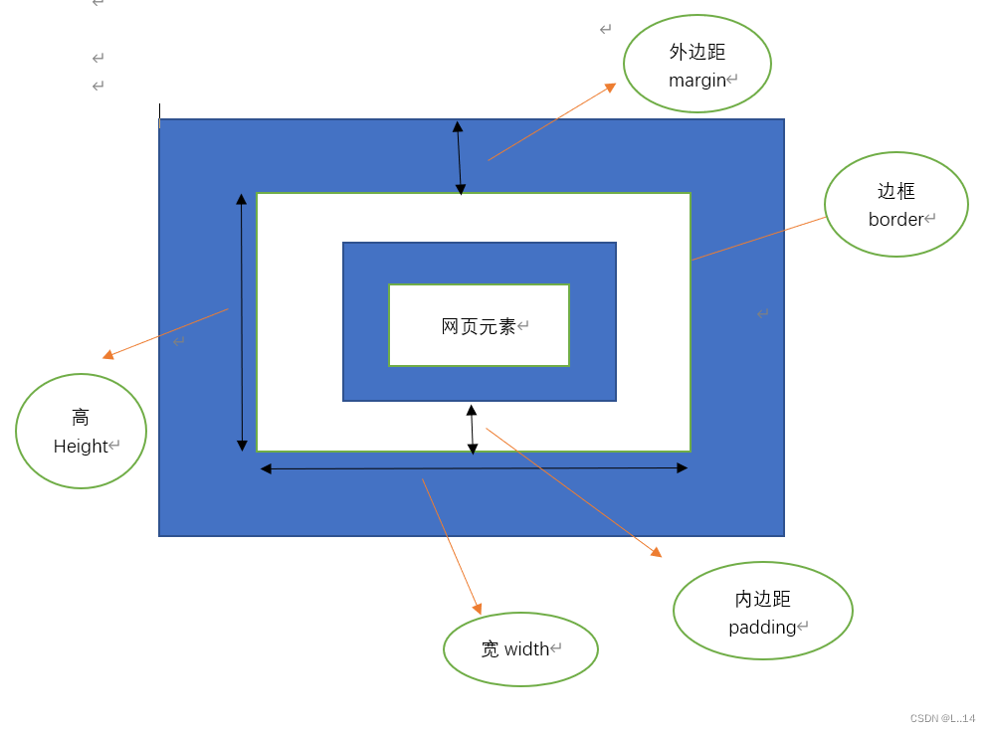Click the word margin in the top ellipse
click(x=697, y=81)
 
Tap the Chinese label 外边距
click(x=697, y=53)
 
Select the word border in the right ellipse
click(x=895, y=220)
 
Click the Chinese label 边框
click(x=895, y=191)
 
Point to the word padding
click(x=762, y=628)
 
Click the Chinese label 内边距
click(x=763, y=599)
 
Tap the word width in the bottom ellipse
click(x=527, y=649)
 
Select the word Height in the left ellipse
click(x=81, y=447)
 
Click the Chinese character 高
click(x=81, y=418)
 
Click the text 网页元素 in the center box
click(x=479, y=326)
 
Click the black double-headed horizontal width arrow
click(x=474, y=468)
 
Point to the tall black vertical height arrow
click(x=242, y=322)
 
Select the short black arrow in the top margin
click(x=459, y=157)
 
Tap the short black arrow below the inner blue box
click(x=472, y=429)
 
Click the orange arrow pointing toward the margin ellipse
click(x=552, y=122)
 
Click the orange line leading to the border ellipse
click(x=759, y=239)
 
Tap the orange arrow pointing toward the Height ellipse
click(x=165, y=333)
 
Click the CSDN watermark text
click(x=942, y=718)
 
